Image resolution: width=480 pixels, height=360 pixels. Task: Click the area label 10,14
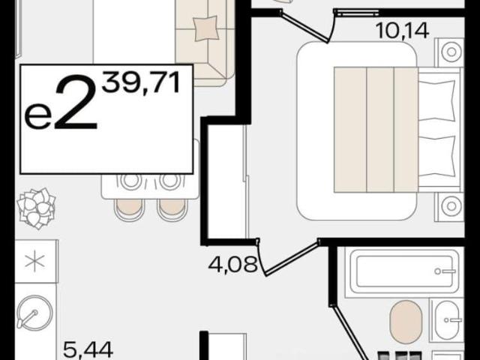tap(402, 31)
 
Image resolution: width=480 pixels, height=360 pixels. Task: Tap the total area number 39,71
tap(140, 82)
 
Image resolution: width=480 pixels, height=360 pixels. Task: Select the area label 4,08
tap(232, 265)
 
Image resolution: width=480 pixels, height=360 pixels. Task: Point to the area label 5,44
tap(88, 350)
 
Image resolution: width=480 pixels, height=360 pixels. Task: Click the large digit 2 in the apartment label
tap(76, 102)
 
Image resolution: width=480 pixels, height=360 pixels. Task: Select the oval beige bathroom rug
tap(406, 322)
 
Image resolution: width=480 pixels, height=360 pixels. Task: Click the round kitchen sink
tap(34, 312)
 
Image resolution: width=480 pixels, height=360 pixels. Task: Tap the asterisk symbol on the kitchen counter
tap(35, 261)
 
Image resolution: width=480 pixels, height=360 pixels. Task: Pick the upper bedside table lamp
tap(451, 52)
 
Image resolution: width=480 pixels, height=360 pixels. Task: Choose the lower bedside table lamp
tap(451, 205)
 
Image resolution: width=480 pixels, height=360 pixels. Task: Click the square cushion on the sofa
tap(206, 28)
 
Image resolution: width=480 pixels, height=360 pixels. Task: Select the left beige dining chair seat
tap(129, 208)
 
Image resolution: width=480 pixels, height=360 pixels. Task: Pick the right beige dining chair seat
tap(172, 208)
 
